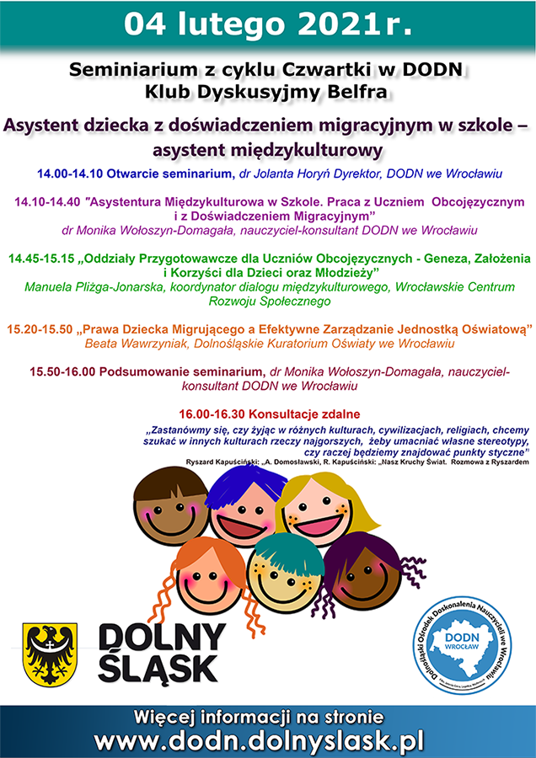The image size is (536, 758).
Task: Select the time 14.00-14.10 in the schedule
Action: point(70,173)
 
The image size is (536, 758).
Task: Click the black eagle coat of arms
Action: point(50,653)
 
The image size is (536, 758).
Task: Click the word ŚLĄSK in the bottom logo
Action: point(157,669)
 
